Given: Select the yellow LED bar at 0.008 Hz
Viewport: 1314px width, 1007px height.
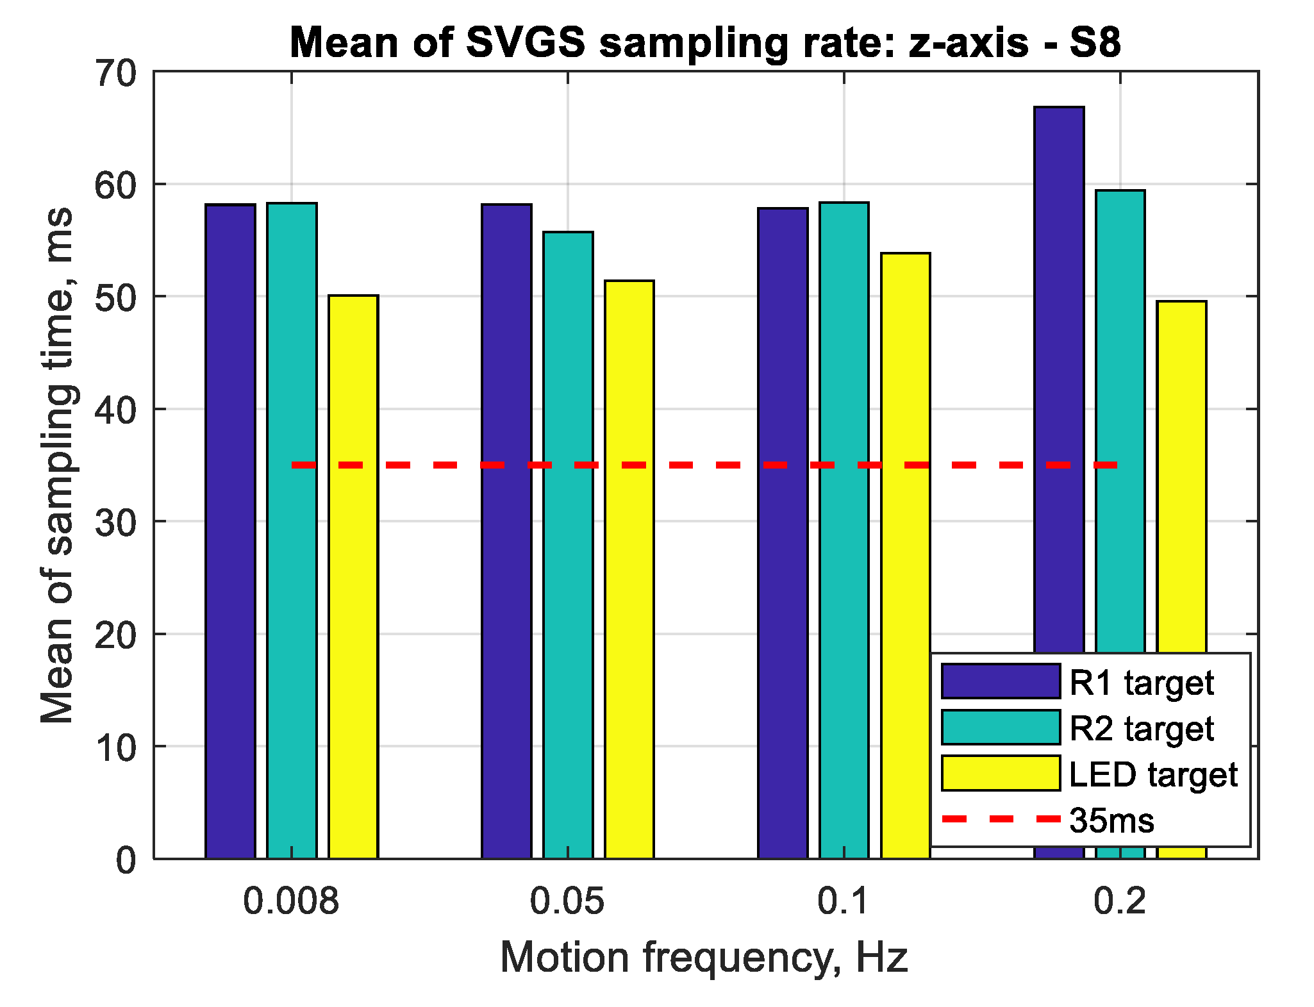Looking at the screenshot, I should point(353,577).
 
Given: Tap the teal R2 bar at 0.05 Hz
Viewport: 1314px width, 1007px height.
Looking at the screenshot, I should point(568,545).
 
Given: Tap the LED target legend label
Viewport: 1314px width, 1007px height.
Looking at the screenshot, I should point(1153,774).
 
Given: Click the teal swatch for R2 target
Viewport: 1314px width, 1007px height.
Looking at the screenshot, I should point(1000,728).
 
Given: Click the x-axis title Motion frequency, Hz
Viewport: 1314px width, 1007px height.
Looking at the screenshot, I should point(704,958).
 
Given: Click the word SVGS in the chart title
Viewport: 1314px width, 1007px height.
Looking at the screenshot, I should point(525,43).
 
